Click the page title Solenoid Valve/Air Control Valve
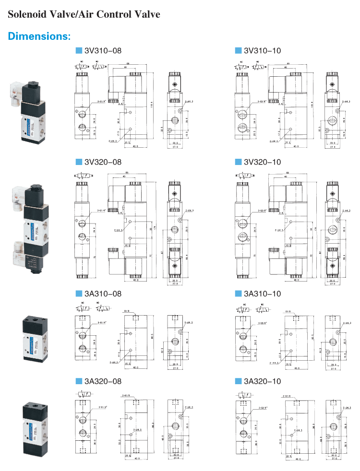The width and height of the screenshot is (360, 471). click(84, 15)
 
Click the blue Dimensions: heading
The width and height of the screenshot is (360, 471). click(39, 36)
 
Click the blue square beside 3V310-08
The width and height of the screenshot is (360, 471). click(79, 50)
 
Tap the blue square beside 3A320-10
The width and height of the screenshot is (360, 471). click(238, 381)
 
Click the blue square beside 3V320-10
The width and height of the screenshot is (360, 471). click(238, 162)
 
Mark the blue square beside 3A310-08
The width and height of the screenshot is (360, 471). click(79, 294)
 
